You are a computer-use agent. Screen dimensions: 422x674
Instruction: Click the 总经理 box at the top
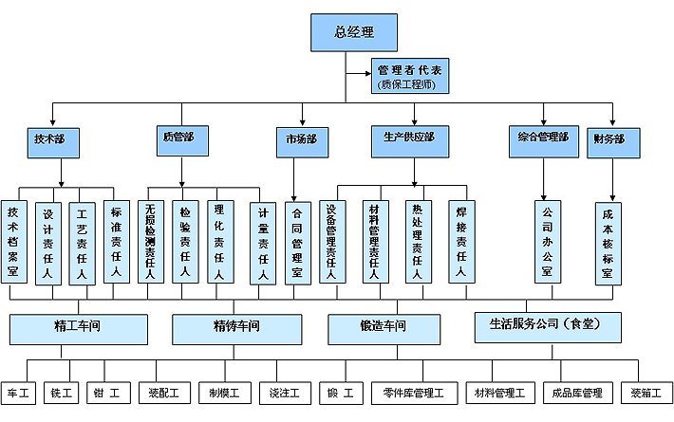[x=353, y=31]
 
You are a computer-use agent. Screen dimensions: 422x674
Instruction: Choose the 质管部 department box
[x=178, y=138]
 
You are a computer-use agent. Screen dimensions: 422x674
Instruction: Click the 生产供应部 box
[x=409, y=138]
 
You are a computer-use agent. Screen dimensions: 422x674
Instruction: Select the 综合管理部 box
[x=543, y=138]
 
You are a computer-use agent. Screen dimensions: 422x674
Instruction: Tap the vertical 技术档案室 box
[x=13, y=242]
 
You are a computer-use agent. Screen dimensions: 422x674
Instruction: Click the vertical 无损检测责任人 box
[x=150, y=242]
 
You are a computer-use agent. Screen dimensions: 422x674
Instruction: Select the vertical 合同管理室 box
[x=297, y=242]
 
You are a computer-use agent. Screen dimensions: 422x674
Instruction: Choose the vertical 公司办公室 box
[x=546, y=242]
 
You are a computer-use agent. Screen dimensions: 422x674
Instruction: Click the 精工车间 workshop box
[x=79, y=327]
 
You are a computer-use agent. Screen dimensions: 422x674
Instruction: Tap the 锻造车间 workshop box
[x=382, y=327]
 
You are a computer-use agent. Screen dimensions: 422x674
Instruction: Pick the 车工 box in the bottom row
[x=19, y=393]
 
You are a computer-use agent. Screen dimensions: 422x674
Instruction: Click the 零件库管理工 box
[x=420, y=393]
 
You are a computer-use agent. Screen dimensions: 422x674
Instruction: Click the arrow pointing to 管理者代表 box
[x=365, y=72]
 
